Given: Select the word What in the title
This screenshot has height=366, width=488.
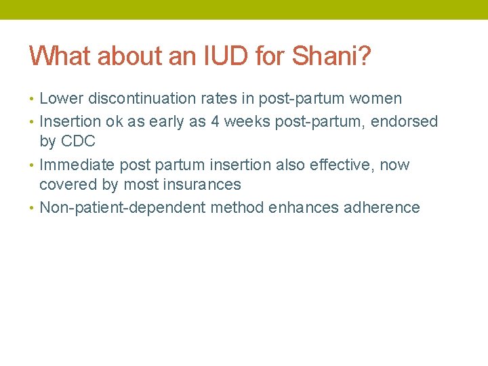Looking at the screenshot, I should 60,56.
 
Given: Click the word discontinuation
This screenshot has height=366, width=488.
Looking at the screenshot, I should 140,99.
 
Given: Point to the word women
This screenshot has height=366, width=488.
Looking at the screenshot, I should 375,99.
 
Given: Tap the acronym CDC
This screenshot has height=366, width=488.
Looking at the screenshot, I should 77,142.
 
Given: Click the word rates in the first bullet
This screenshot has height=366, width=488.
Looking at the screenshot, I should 223,99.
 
